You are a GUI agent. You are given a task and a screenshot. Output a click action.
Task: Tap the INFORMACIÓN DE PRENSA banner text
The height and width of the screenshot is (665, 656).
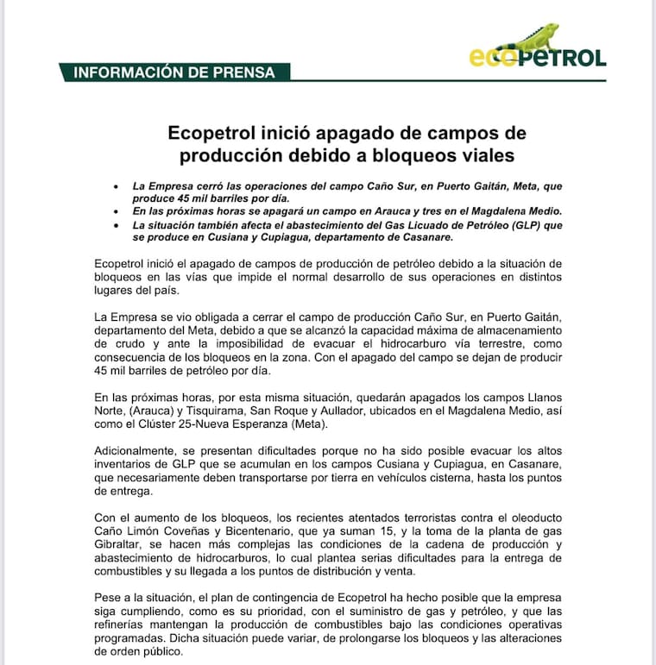coord(174,72)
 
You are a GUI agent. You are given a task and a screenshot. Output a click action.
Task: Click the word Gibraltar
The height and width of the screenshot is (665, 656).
coord(120,547)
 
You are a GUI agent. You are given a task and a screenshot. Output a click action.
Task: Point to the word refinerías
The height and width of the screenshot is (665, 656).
coord(121,626)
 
